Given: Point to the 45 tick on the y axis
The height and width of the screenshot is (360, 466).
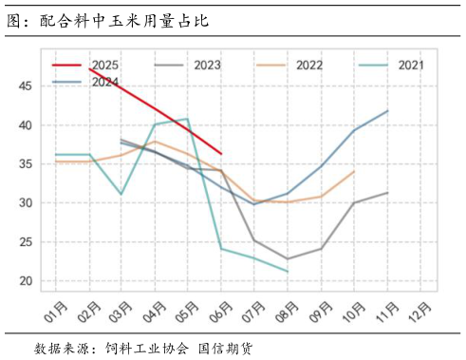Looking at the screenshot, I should (x=25, y=86).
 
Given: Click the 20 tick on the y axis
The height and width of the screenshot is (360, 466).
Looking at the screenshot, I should (x=25, y=281).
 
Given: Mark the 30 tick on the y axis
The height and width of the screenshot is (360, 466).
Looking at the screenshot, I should (x=25, y=203).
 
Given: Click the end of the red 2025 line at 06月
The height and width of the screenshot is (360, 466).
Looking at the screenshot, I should (x=221, y=153).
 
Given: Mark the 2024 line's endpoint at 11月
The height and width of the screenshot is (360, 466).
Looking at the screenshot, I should (x=387, y=111).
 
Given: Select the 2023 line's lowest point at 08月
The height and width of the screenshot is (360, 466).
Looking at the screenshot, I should (x=288, y=258).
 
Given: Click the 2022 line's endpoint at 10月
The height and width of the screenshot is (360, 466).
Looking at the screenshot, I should (x=354, y=172).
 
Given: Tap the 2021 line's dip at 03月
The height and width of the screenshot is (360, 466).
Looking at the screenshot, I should (x=121, y=194).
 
